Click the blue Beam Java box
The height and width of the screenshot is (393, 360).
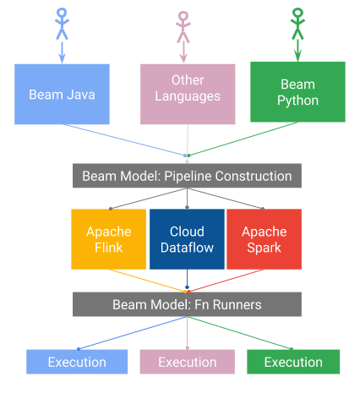coord(63,93)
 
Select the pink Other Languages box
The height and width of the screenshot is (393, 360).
coord(188,93)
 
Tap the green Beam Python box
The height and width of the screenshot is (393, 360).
coord(297,93)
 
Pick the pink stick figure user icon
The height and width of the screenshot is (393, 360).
coord(184,26)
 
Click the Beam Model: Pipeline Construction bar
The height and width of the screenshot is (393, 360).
coord(187,176)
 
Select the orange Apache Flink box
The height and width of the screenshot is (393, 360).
coord(109,239)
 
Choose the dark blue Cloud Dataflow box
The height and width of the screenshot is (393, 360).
coord(187,239)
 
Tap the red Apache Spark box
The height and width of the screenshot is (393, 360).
coord(264,239)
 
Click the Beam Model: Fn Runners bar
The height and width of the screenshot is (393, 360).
coord(187,304)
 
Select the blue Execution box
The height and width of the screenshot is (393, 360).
coord(78,362)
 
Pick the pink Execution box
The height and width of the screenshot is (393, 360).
coord(188,362)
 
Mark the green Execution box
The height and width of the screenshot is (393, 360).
coord(293,362)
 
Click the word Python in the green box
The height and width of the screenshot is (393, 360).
coord(297,101)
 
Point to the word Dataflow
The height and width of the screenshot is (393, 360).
coord(187,248)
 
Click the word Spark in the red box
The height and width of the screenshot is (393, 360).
coord(264,248)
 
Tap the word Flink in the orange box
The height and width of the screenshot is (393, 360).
coord(109,248)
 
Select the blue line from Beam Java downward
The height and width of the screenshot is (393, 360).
coord(127,140)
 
